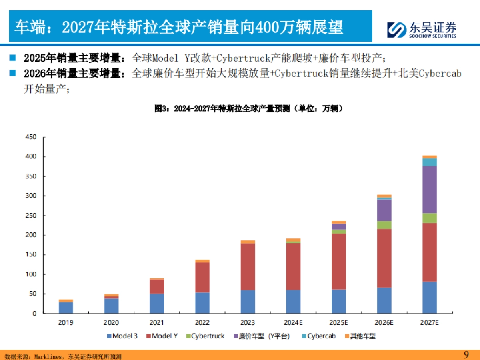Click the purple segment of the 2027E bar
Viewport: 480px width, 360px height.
click(430, 189)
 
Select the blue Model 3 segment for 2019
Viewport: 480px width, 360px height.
click(66, 308)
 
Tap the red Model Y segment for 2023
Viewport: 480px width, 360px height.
click(248, 266)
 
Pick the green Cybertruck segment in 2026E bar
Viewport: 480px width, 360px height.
click(384, 225)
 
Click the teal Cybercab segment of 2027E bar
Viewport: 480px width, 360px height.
click(430, 162)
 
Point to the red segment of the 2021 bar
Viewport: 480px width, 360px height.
click(157, 286)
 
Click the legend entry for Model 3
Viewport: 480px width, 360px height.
click(122, 336)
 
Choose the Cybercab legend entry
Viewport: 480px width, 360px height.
click(318, 336)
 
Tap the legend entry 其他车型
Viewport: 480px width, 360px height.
click(360, 336)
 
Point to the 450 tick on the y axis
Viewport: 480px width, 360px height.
click(31, 137)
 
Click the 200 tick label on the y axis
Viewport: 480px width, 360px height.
click(31, 235)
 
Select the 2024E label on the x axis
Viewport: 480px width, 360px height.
click(293, 322)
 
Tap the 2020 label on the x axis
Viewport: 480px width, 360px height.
click(111, 322)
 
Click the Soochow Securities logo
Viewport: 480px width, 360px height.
click(422, 29)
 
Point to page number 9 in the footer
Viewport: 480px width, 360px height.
click(466, 355)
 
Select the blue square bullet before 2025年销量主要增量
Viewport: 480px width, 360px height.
click(12, 58)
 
